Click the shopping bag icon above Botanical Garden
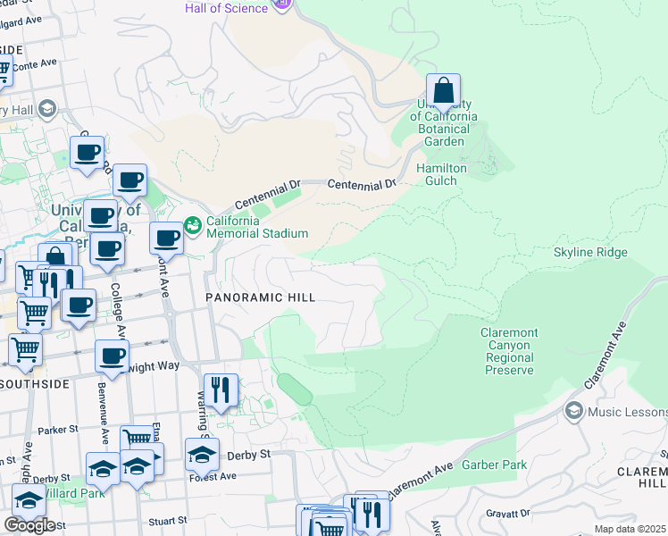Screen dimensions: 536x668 click(443, 91)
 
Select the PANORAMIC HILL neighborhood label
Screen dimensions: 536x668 click(260, 297)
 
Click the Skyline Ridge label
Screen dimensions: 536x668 click(590, 253)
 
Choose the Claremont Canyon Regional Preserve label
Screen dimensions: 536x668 click(510, 351)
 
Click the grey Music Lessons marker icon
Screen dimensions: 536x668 click(574, 411)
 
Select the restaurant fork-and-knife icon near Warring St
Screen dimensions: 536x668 click(221, 390)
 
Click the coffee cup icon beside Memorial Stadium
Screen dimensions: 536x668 click(167, 239)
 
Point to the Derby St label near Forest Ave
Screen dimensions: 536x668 click(253, 455)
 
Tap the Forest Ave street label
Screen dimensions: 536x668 click(213, 476)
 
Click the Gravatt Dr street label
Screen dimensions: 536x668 click(507, 514)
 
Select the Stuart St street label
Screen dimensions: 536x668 click(169, 519)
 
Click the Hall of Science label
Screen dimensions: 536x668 click(226, 8)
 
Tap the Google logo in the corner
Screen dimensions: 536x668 click(29, 524)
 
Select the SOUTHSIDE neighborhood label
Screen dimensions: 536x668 click(35, 384)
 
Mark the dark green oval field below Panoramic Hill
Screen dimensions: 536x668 click(294, 389)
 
